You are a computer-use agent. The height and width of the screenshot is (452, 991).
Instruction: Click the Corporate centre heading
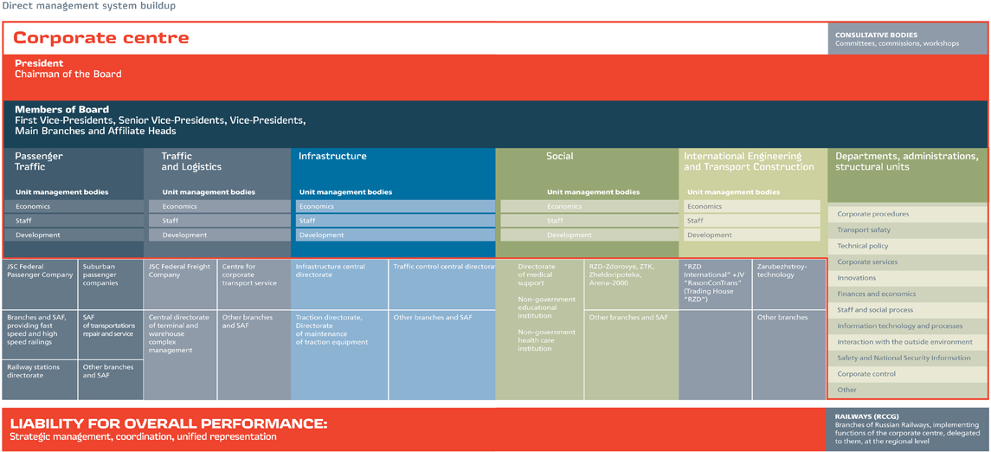pos(101,38)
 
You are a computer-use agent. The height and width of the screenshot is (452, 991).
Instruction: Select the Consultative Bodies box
pos(908,39)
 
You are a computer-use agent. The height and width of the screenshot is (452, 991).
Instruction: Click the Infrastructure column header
pos(332,156)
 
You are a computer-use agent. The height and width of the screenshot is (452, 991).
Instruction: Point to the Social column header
pos(559,156)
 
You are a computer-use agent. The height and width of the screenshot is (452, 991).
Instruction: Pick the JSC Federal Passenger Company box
pos(40,285)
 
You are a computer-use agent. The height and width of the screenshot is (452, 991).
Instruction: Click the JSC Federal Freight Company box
pos(181,285)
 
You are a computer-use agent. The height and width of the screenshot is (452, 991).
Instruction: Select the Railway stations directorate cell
pos(40,379)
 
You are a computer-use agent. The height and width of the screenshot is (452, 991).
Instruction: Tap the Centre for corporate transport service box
pos(254,285)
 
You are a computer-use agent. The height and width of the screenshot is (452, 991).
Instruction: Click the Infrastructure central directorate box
pos(339,285)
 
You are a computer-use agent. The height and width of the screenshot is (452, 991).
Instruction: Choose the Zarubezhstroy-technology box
pos(788,285)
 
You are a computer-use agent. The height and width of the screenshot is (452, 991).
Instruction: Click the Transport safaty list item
pos(907,230)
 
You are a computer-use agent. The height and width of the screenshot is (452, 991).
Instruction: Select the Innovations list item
pos(907,278)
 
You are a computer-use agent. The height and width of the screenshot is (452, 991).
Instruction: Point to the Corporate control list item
pos(907,374)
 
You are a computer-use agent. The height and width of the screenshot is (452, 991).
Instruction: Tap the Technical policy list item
pos(907,246)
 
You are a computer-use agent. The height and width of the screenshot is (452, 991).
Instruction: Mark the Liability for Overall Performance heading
pos(169,423)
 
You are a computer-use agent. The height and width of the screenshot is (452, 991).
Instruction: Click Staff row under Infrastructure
pos(395,221)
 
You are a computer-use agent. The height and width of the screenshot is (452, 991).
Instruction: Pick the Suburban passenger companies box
pos(110,285)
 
